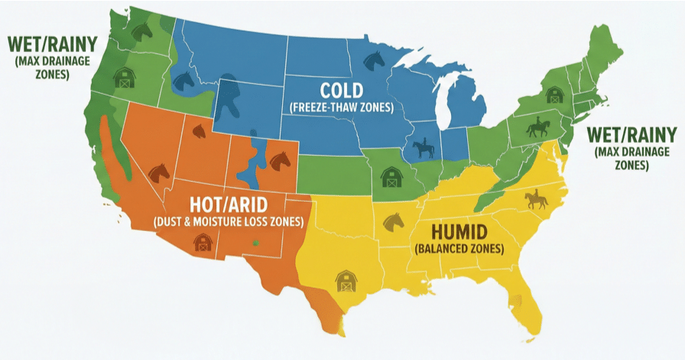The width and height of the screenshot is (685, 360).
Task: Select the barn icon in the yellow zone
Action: pos(346,281)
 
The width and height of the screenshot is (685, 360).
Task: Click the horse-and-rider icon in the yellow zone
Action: pos(536,199)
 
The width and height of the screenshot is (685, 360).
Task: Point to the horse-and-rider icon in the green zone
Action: pos(540,127)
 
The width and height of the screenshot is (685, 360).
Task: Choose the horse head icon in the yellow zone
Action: pos(393,221)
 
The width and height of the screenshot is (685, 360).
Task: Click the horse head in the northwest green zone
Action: pos(143,30)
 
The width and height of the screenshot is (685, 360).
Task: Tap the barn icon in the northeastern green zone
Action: pos(555,96)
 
